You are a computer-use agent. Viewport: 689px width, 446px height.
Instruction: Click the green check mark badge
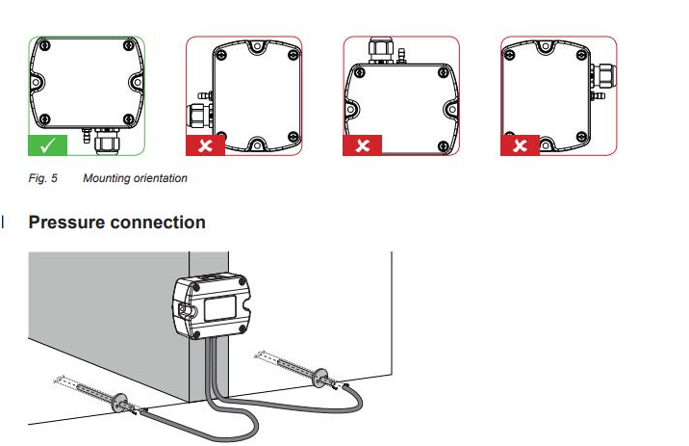pyautogui.click(x=47, y=146)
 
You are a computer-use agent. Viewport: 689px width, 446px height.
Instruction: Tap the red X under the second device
pyautogui.click(x=205, y=146)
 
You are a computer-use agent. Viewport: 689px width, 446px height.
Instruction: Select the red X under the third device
pyautogui.click(x=363, y=146)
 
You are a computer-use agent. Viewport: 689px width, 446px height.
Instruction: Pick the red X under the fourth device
pyautogui.click(x=521, y=146)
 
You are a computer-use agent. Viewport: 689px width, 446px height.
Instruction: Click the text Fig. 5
pyautogui.click(x=41, y=178)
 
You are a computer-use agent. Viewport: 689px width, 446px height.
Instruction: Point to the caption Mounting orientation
pyautogui.click(x=135, y=178)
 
